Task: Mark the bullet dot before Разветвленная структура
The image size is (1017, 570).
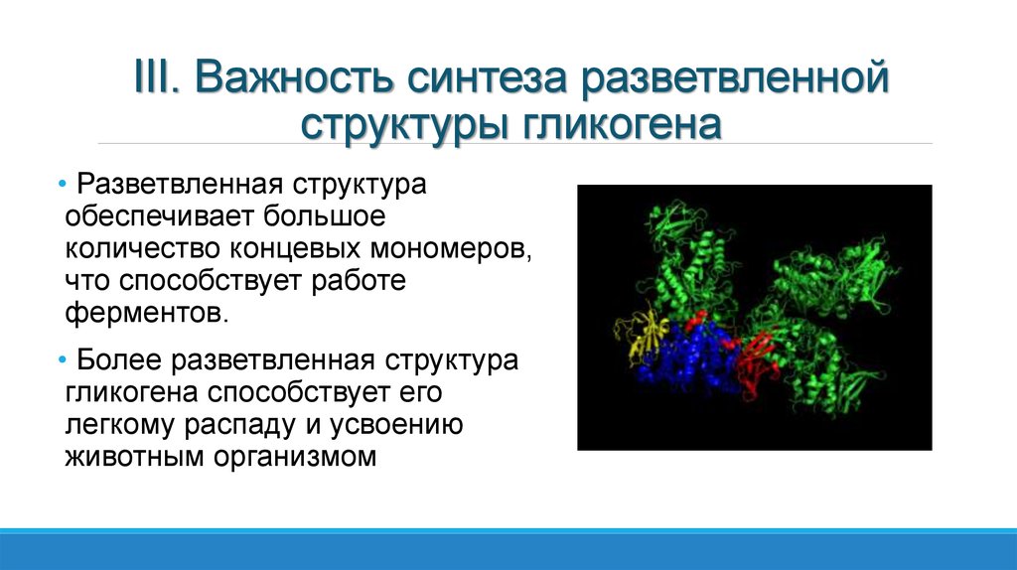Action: pyautogui.click(x=62, y=186)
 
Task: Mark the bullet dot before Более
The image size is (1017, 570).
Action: pyautogui.click(x=62, y=360)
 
